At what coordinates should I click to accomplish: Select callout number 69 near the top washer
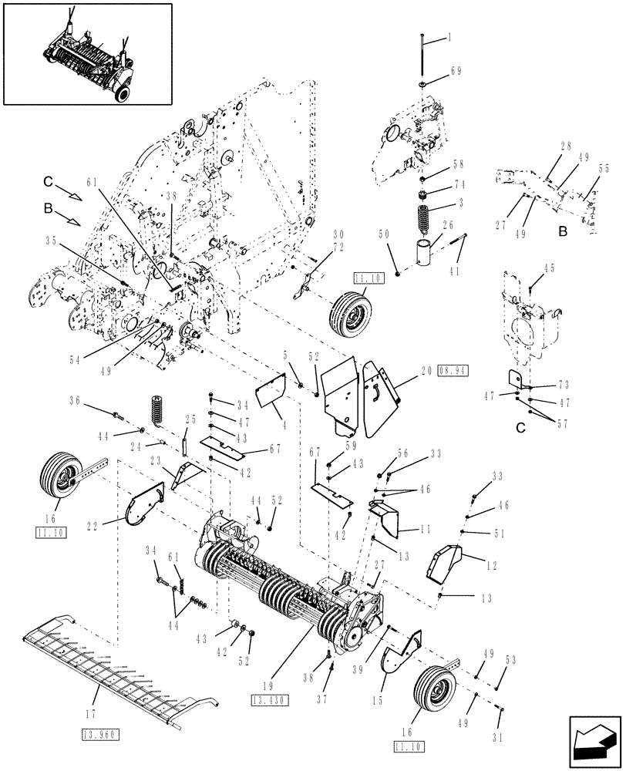455,71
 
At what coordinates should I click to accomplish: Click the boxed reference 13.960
98,735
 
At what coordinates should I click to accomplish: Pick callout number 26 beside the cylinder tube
448,226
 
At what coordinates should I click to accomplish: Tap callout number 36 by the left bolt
75,400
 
